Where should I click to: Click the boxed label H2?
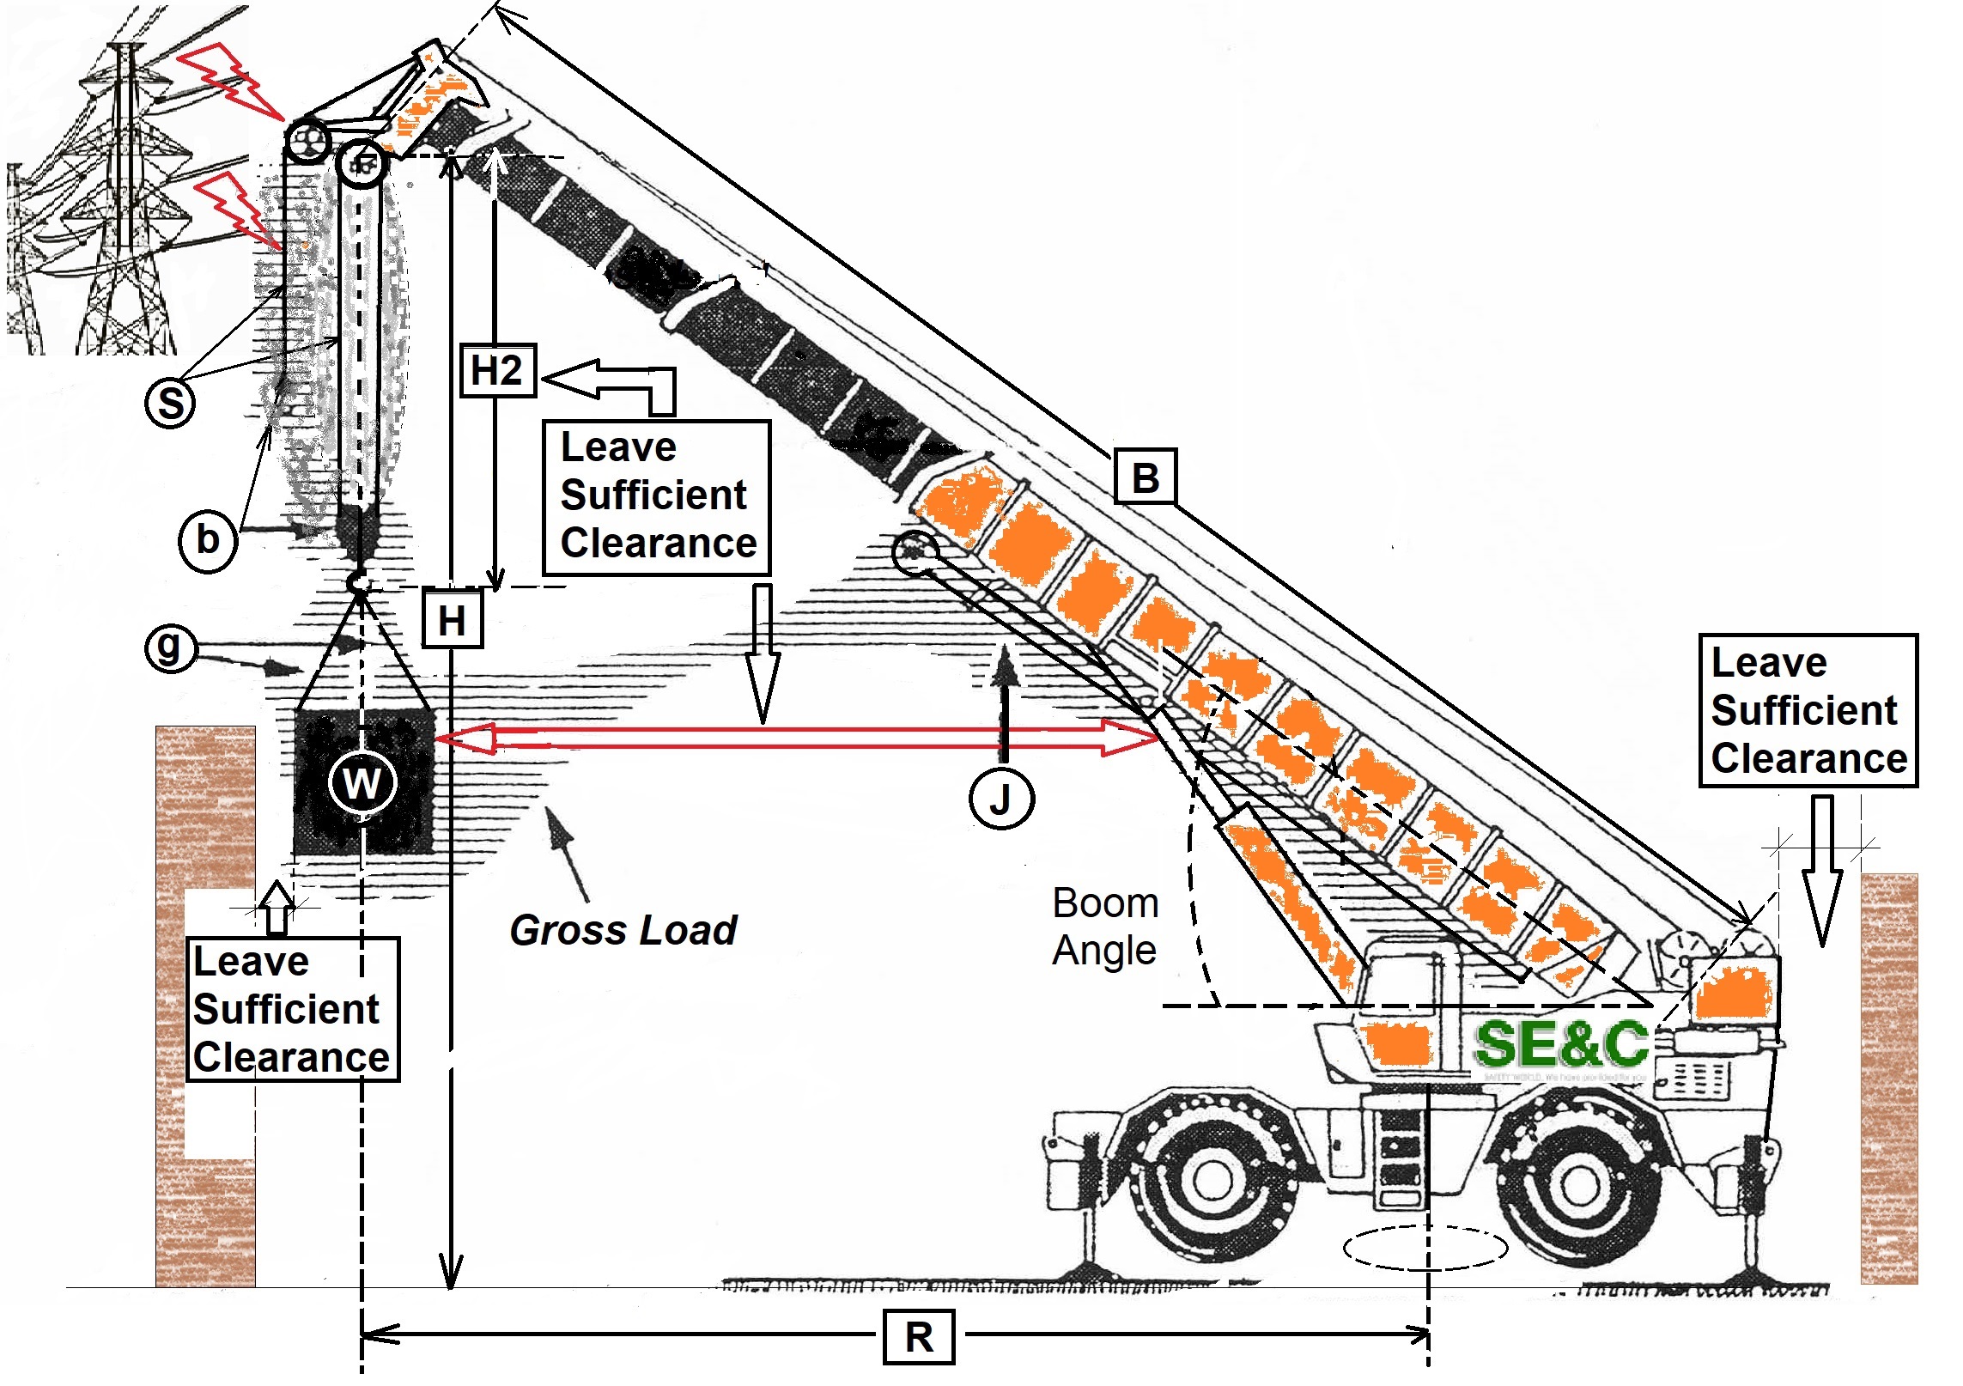(498, 371)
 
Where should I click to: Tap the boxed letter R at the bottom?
(919, 1336)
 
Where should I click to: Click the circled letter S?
(171, 403)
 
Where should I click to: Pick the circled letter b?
(208, 540)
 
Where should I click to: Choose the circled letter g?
(170, 646)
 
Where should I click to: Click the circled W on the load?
(362, 782)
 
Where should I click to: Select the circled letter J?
(1001, 799)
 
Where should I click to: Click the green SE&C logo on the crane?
(1560, 1044)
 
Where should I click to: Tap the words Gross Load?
(623, 930)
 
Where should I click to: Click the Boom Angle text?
(1105, 927)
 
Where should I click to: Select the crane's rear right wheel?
(1579, 1185)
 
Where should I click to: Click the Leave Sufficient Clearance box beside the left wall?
(293, 1008)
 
